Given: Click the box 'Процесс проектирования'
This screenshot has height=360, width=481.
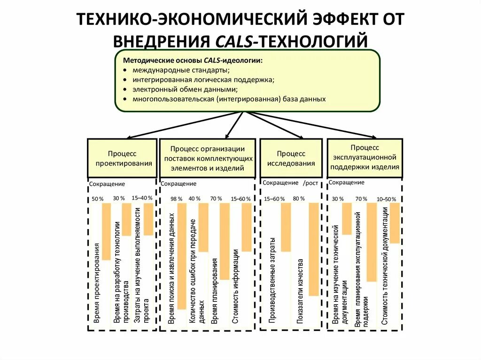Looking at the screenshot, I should pos(122,158).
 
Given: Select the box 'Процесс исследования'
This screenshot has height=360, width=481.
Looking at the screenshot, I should pos(291,158).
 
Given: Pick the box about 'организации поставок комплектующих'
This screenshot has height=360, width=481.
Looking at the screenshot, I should pos(208,158).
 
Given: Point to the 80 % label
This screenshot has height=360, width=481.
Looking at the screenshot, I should pos(299,199).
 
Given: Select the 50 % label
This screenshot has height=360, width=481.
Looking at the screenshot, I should pos(97,199).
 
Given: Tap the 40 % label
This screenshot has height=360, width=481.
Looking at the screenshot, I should pos(194,199).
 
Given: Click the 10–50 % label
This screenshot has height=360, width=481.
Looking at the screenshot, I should pos(387,199).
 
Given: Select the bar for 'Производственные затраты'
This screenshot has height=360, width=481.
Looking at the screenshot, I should pos(286,227).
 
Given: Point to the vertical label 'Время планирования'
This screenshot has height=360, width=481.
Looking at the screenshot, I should pos(215,291).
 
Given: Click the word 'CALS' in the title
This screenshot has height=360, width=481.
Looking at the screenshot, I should pos(234,41).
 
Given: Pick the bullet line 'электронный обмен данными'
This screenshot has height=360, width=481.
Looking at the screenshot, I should pos(185,89).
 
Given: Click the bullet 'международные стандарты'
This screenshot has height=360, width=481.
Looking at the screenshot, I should pos(181,70).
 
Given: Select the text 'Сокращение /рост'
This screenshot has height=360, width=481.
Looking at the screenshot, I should pos(290,183).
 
